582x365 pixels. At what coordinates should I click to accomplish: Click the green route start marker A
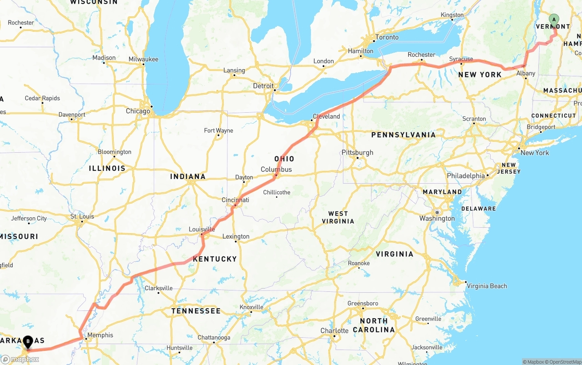[554, 20]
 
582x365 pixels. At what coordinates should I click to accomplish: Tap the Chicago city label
[138, 111]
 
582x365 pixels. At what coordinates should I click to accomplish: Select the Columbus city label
[276, 170]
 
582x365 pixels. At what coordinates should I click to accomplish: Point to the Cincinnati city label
[235, 200]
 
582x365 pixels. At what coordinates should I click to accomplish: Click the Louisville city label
[202, 230]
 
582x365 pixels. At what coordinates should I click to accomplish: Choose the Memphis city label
[100, 335]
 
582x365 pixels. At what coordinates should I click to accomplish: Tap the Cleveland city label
[326, 116]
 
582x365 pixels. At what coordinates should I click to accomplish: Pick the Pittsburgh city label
[357, 153]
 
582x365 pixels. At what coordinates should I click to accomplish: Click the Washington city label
[437, 219]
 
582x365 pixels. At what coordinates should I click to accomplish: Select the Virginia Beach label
[487, 286]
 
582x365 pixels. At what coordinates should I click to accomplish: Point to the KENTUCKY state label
[215, 259]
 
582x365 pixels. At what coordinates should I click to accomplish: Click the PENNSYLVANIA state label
[403, 135]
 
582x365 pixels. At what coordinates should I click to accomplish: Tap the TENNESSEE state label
[196, 311]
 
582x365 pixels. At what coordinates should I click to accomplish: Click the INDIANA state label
[188, 176]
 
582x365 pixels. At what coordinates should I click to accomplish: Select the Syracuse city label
[461, 59]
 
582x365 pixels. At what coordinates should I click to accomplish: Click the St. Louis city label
[82, 216]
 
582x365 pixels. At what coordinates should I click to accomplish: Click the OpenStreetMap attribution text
[563, 362]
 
